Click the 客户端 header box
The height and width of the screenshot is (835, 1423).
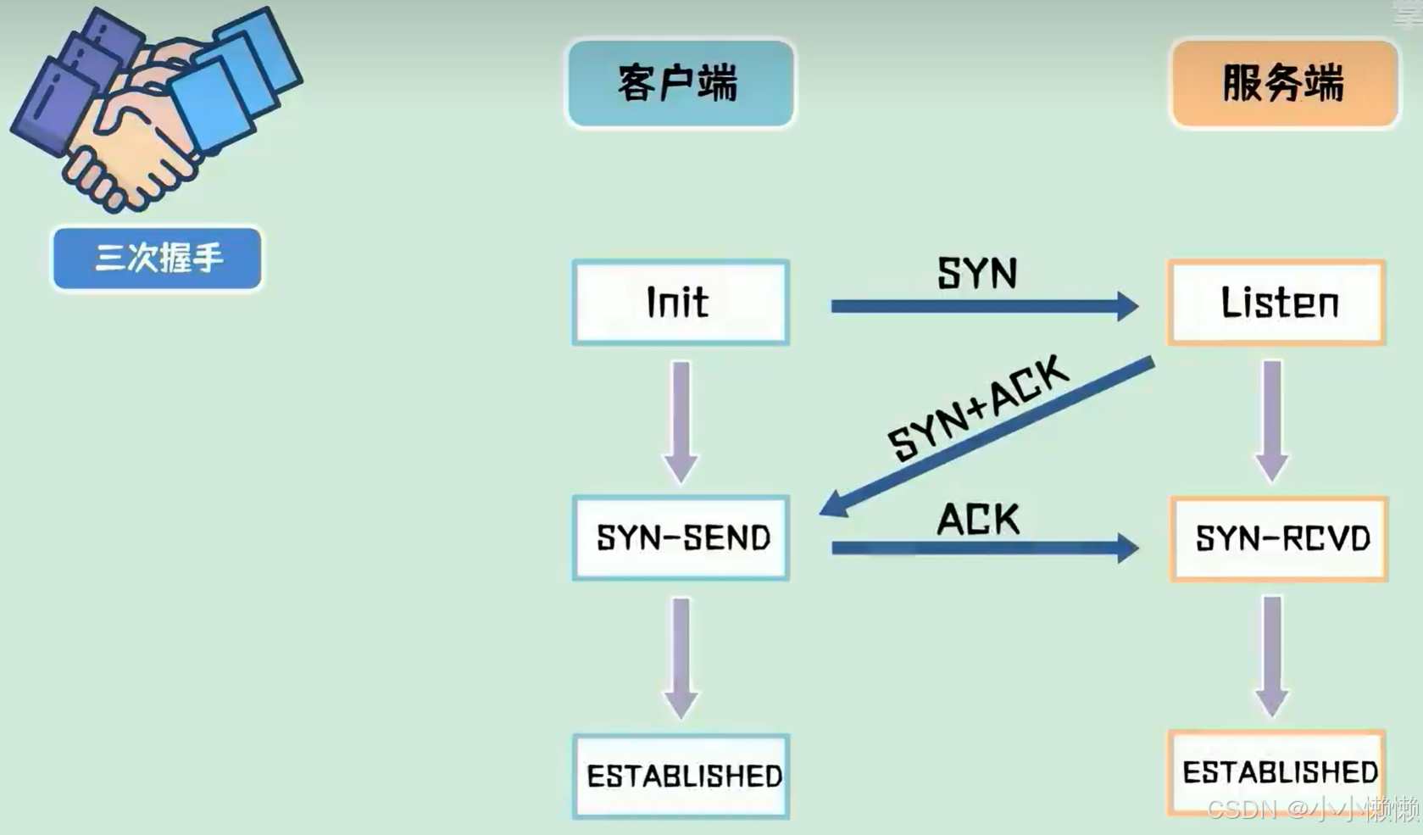click(681, 83)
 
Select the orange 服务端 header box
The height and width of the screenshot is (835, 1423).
click(1283, 83)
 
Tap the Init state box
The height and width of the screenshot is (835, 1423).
click(681, 303)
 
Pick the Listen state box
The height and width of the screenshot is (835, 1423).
click(1276, 303)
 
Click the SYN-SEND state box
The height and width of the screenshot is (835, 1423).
click(681, 537)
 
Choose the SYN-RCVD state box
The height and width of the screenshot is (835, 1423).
click(1278, 538)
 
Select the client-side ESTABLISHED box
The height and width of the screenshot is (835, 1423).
click(681, 776)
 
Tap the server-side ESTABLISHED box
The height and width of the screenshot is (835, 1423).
click(1276, 771)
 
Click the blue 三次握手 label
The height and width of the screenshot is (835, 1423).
click(158, 258)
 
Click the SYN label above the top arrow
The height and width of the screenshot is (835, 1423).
click(976, 273)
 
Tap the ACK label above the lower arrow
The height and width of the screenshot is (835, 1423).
click(978, 519)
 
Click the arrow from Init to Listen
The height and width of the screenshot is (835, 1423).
click(983, 306)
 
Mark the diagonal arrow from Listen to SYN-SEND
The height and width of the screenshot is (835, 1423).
click(987, 436)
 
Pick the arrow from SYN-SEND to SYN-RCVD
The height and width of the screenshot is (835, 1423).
click(983, 548)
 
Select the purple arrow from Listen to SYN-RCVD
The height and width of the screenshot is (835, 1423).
click(1272, 420)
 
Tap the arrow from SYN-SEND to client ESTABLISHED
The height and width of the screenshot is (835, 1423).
click(681, 658)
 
